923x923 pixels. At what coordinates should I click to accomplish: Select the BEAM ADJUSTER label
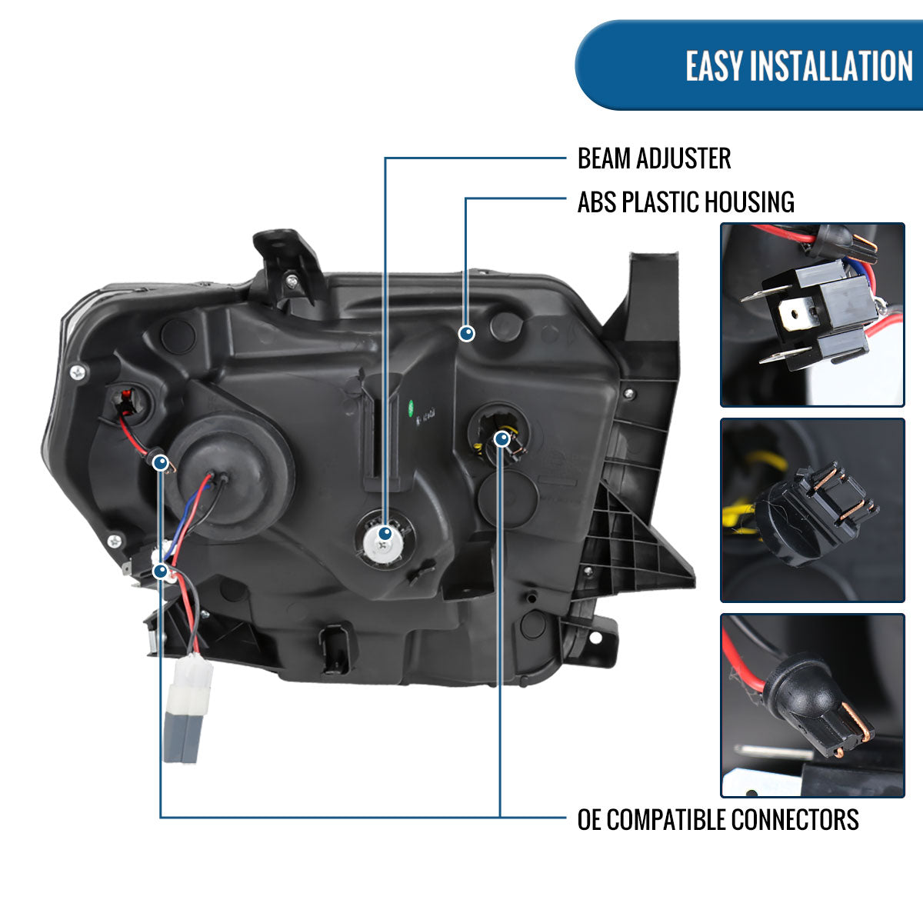655,158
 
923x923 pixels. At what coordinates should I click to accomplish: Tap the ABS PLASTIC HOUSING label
686,202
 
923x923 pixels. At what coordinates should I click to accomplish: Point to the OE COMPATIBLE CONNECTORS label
718,819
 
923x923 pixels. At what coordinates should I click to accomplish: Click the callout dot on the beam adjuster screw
385,534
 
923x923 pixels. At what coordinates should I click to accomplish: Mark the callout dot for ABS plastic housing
467,333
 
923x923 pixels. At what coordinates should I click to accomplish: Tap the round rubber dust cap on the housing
232,477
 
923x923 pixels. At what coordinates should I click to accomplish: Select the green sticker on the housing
411,408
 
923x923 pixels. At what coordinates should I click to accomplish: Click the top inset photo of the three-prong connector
812,315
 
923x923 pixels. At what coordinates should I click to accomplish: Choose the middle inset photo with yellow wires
812,510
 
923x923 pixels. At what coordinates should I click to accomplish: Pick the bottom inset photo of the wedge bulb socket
812,705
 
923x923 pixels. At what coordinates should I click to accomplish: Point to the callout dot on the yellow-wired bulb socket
502,438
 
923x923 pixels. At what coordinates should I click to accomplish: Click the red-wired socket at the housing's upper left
126,402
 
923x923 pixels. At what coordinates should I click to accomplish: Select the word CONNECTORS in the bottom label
795,819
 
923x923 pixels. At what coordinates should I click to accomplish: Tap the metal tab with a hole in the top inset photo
795,315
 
